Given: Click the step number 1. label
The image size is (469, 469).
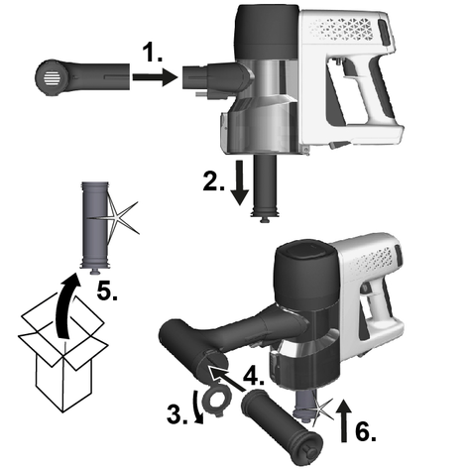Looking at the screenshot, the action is click(x=153, y=54).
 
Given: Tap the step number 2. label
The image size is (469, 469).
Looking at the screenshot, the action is click(x=213, y=181).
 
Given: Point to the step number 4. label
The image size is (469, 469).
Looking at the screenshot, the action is click(x=254, y=376).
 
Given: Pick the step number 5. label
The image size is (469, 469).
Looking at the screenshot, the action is click(x=107, y=292).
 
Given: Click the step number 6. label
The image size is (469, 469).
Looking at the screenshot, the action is click(x=366, y=431).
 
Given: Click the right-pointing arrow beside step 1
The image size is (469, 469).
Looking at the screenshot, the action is click(x=156, y=77).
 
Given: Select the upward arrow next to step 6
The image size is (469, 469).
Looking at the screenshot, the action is click(x=344, y=420).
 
